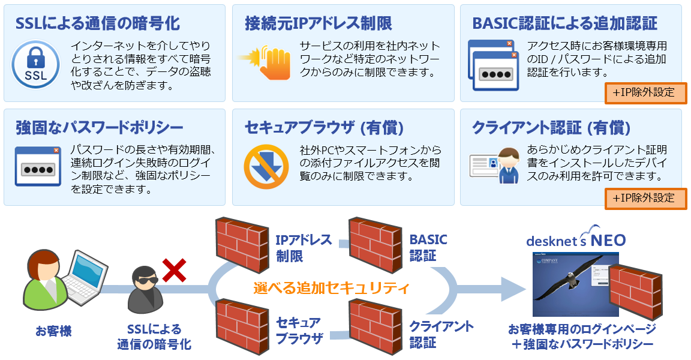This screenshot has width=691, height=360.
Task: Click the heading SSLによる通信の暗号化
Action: click(x=98, y=23)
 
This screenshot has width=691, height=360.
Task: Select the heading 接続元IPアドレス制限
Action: click(x=319, y=23)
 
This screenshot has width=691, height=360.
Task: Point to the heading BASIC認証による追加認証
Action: click(x=564, y=23)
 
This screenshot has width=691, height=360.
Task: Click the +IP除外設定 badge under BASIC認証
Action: click(x=645, y=93)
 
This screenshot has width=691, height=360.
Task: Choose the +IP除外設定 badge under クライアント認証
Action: click(x=645, y=198)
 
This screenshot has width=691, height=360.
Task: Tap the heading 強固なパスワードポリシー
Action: click(x=100, y=127)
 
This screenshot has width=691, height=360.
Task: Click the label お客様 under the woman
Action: click(x=53, y=331)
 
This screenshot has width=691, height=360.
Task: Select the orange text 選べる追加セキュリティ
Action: click(x=331, y=288)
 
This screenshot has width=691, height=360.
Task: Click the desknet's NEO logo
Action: click(x=575, y=239)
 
